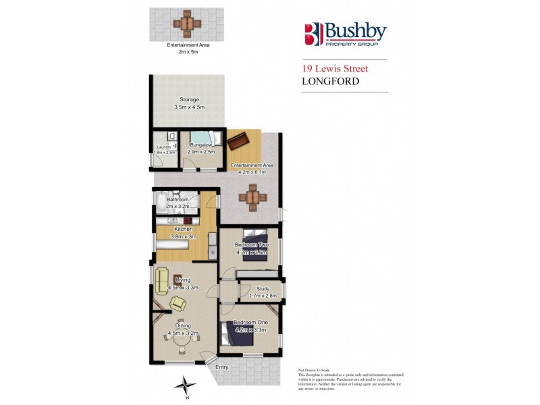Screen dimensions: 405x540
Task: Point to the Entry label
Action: (x=222, y=367)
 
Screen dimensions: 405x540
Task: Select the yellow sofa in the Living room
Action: (x=162, y=278)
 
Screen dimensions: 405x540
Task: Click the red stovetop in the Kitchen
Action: (x=187, y=221)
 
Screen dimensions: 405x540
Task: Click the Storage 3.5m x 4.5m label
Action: (x=188, y=103)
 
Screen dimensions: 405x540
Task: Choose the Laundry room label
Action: (x=164, y=147)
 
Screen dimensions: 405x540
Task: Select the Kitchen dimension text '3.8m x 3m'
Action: (x=174, y=236)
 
